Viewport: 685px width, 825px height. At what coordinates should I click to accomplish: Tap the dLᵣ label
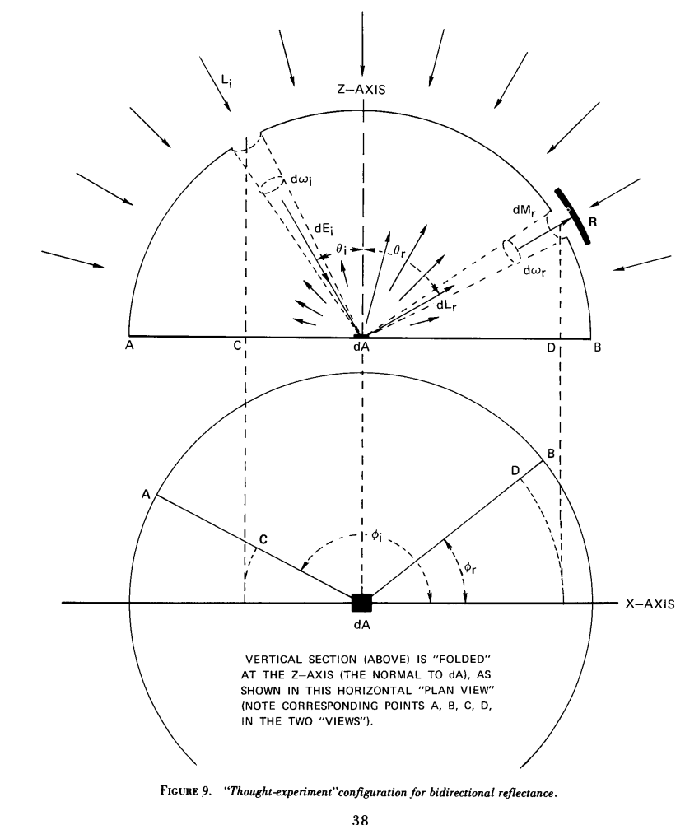[450, 305]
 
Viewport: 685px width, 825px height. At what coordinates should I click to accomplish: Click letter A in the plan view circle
[145, 494]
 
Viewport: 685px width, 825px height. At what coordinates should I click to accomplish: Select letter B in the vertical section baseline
[599, 347]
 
